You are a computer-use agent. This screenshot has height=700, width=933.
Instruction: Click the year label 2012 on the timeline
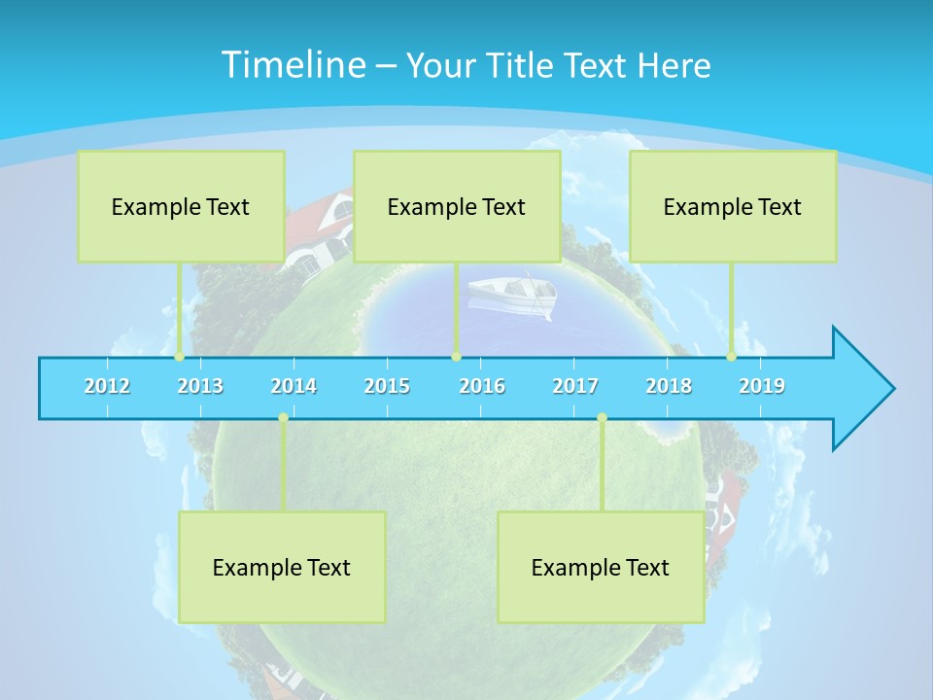pyautogui.click(x=107, y=386)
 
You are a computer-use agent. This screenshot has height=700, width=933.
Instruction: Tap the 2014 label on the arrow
pyautogui.click(x=294, y=386)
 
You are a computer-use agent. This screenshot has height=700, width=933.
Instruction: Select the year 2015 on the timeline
pyautogui.click(x=387, y=386)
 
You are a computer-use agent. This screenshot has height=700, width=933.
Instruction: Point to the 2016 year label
pyautogui.click(x=482, y=386)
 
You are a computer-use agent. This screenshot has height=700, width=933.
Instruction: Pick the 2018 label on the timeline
pyautogui.click(x=669, y=386)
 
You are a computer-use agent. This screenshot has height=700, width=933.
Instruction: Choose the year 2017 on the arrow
pyautogui.click(x=575, y=386)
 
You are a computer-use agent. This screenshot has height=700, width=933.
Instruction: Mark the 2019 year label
pyautogui.click(x=762, y=386)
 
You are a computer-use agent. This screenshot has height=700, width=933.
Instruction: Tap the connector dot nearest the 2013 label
pyautogui.click(x=179, y=357)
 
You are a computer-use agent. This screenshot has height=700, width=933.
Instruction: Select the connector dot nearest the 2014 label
pyautogui.click(x=283, y=418)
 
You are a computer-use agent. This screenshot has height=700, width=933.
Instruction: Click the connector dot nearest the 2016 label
pyautogui.click(x=456, y=357)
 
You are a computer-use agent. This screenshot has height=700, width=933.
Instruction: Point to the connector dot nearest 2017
pyautogui.click(x=602, y=418)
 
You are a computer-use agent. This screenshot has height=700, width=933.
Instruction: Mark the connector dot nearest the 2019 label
pyautogui.click(x=732, y=357)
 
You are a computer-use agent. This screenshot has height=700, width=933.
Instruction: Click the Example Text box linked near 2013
pyautogui.click(x=181, y=206)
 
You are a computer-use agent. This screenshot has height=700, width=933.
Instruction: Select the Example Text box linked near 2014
pyautogui.click(x=282, y=567)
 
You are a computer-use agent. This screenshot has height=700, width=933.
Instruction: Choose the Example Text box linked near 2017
pyautogui.click(x=601, y=567)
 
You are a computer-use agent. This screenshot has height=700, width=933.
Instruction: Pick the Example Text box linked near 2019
pyautogui.click(x=733, y=206)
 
